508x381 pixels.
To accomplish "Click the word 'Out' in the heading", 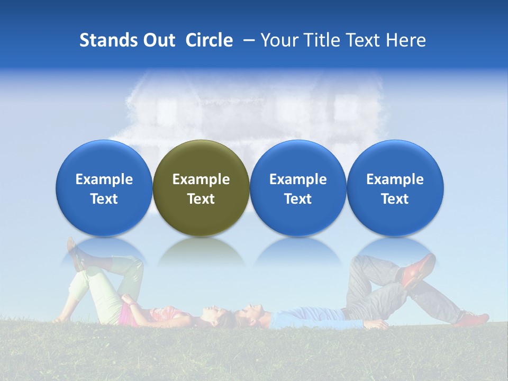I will coord(159,40).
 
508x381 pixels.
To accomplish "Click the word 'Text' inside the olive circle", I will coord(201,199).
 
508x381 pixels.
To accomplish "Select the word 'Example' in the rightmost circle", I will coord(395,179).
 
